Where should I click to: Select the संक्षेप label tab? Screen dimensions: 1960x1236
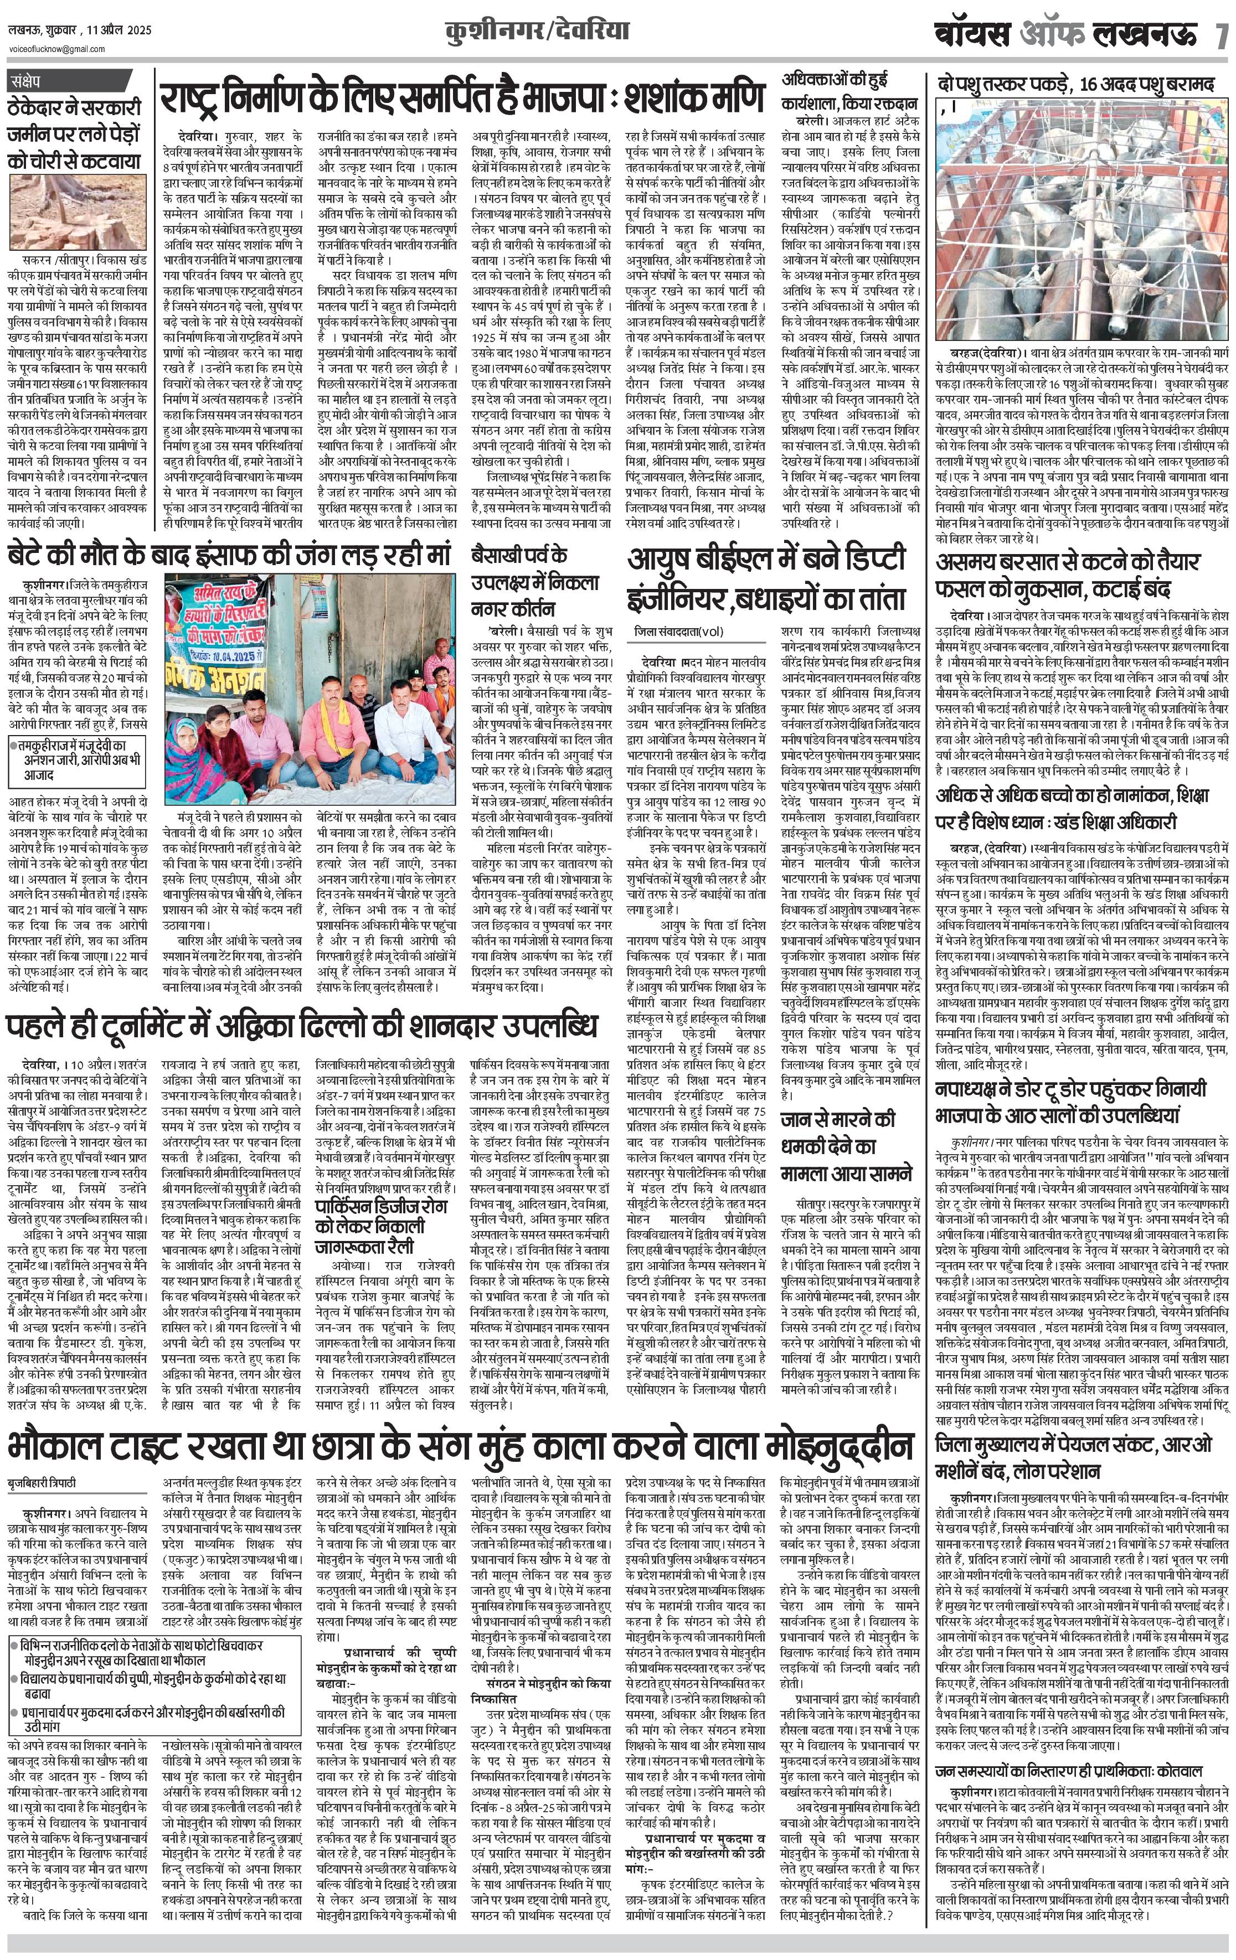point(31,81)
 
